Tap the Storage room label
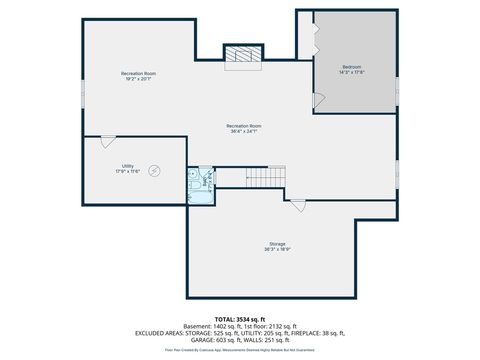pyautogui.click(x=277, y=247)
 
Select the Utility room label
pyautogui.click(x=128, y=168)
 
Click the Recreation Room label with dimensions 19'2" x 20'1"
pyautogui.click(x=138, y=76)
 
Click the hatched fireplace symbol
pyautogui.click(x=241, y=56)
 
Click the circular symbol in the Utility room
pyautogui.click(x=154, y=171)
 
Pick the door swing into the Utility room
pyautogui.click(x=108, y=142)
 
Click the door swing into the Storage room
pyautogui.click(x=297, y=204)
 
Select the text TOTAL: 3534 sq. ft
pyautogui.click(x=241, y=318)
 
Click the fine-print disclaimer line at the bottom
pyautogui.click(x=241, y=351)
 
